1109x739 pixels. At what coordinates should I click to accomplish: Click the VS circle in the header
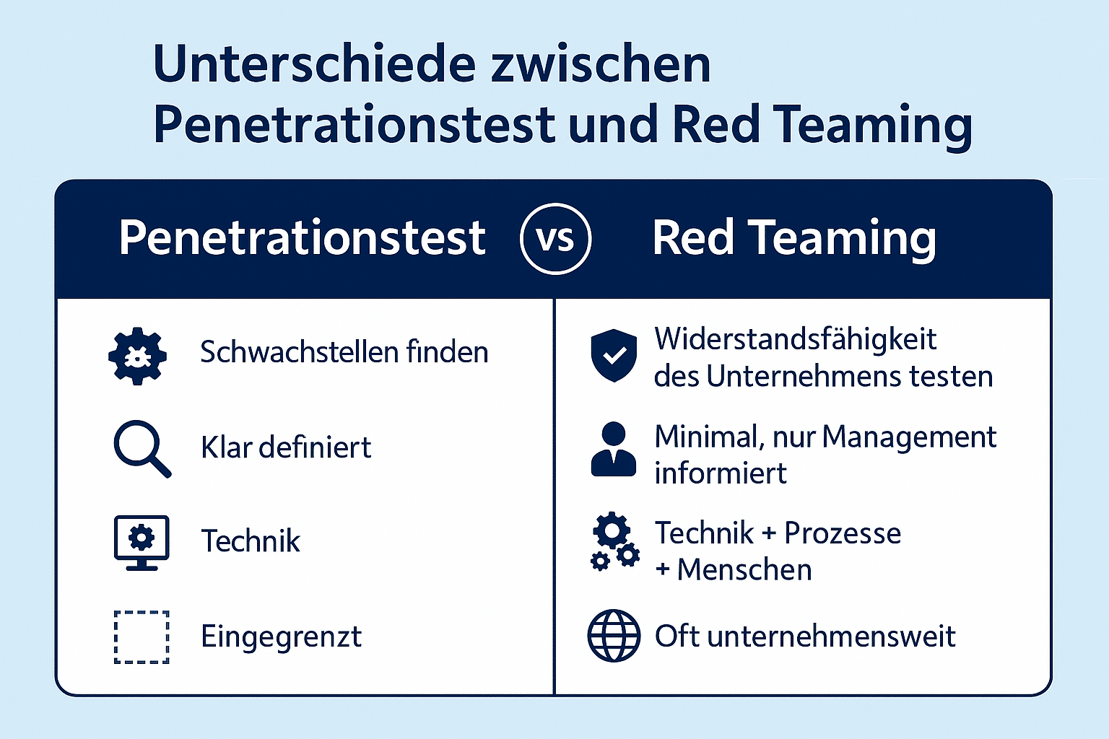pyautogui.click(x=555, y=239)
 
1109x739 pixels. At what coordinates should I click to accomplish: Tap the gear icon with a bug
pyautogui.click(x=137, y=355)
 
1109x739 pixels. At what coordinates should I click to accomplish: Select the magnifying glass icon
pyautogui.click(x=142, y=448)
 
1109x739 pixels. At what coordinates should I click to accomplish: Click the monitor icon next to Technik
pyautogui.click(x=142, y=542)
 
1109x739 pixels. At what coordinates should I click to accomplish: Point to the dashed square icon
pyautogui.click(x=142, y=637)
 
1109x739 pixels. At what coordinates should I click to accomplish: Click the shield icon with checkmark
pyautogui.click(x=614, y=355)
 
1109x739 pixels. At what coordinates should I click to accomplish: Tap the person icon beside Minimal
pyautogui.click(x=614, y=450)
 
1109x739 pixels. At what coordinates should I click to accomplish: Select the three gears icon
pyautogui.click(x=614, y=543)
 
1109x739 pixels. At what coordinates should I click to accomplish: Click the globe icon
pyautogui.click(x=614, y=636)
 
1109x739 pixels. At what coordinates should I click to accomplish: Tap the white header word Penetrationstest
pyautogui.click(x=302, y=238)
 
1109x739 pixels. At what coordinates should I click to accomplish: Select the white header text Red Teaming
pyautogui.click(x=794, y=238)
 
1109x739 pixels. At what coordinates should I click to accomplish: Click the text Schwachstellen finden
pyautogui.click(x=344, y=352)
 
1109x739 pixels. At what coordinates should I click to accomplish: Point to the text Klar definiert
pyautogui.click(x=286, y=447)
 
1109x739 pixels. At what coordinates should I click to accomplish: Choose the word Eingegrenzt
pyautogui.click(x=282, y=637)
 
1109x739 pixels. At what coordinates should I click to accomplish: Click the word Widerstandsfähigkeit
pyautogui.click(x=795, y=339)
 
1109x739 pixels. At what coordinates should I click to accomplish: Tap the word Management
pyautogui.click(x=909, y=437)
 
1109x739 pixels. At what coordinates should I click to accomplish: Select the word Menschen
pyautogui.click(x=744, y=570)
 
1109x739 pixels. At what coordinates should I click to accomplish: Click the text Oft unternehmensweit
pyautogui.click(x=805, y=637)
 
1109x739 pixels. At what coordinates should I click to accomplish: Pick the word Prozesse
pyautogui.click(x=843, y=533)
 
